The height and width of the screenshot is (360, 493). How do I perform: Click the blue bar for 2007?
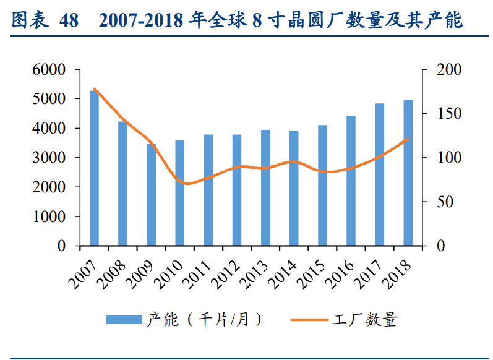click(x=94, y=168)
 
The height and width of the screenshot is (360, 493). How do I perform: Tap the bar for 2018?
click(x=408, y=173)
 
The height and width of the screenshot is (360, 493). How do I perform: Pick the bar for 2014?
click(x=294, y=189)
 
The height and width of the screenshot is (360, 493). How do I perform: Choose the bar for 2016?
click(x=351, y=181)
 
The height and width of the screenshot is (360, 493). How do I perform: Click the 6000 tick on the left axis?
click(x=48, y=70)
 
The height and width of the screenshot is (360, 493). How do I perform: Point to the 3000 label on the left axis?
click(x=48, y=158)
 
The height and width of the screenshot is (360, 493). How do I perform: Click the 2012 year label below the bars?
click(x=225, y=272)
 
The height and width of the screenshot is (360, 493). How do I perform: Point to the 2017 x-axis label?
click(x=367, y=272)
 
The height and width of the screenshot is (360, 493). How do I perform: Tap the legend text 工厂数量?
click(x=365, y=320)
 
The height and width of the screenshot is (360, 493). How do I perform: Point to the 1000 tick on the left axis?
click(x=48, y=216)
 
